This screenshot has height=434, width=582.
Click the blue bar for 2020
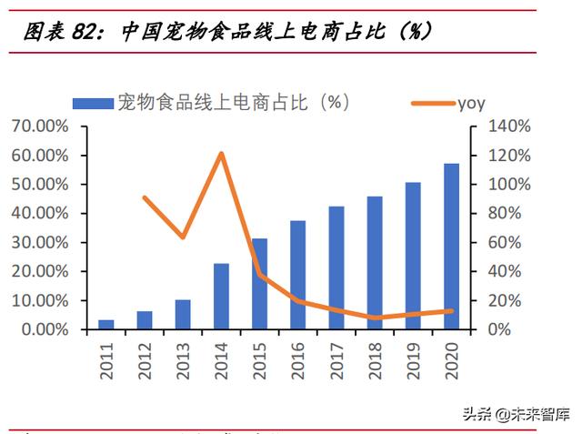[451, 247]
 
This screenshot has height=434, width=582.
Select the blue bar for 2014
[222, 297]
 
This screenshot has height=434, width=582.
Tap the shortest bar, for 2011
[106, 325]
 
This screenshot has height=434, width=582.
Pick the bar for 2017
[336, 267]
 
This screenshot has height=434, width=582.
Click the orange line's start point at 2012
[145, 197]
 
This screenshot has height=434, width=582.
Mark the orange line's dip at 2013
[183, 237]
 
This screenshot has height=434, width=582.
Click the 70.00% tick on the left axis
[39, 126]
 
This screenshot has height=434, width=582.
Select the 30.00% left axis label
[39, 243]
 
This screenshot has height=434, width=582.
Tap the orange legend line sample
[432, 103]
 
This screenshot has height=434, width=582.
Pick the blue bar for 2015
[260, 284]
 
